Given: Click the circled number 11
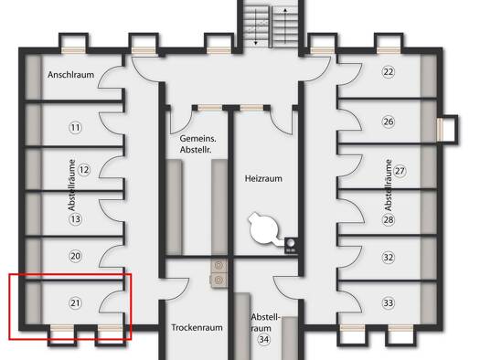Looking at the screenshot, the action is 75,127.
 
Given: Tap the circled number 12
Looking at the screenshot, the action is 84,170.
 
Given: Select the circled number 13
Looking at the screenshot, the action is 75,219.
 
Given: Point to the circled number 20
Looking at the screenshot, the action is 75,256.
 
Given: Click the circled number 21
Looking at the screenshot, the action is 75,303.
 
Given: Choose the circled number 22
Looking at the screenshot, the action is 389,72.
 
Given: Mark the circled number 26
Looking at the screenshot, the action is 389,122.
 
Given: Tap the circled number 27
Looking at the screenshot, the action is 400,171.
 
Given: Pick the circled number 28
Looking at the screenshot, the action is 389,219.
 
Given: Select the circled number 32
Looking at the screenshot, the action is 389,258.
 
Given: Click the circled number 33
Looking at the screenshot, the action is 389,303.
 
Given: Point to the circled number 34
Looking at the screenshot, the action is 264,339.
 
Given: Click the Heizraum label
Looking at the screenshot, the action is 263,178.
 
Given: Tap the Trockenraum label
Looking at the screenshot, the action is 197,328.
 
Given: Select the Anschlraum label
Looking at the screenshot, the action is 70,75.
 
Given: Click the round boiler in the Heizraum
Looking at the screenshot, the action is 264,228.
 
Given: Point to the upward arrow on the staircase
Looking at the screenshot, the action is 285,26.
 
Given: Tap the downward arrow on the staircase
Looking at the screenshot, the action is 256,26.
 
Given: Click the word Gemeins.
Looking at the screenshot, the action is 197,139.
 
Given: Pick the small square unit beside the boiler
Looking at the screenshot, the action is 291,245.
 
